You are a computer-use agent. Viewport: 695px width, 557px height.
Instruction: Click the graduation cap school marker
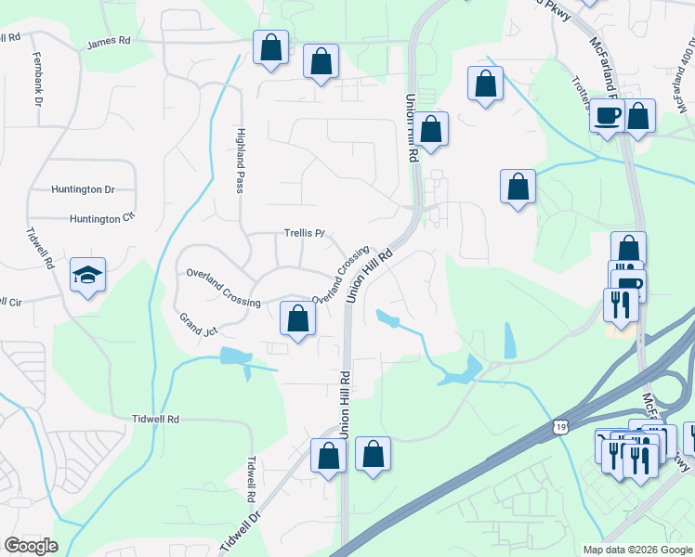(x=88, y=275)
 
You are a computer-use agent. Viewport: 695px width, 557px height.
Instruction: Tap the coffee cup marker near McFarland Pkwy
(x=608, y=117)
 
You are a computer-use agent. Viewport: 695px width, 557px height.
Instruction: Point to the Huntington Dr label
(x=84, y=189)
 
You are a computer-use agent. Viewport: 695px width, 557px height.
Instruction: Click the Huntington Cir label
(x=102, y=219)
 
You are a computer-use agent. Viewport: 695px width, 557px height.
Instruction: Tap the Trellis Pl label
(x=304, y=234)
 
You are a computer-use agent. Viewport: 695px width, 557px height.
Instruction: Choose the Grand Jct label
(x=199, y=324)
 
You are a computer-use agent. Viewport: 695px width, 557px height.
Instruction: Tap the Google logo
(x=31, y=546)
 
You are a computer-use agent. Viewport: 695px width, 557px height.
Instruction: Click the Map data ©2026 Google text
(x=636, y=550)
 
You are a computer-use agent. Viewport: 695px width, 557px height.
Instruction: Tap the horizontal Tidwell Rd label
(x=155, y=420)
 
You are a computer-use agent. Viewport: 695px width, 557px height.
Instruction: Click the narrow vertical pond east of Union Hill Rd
(x=509, y=341)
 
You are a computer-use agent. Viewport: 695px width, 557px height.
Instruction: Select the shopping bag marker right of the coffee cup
(x=638, y=117)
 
